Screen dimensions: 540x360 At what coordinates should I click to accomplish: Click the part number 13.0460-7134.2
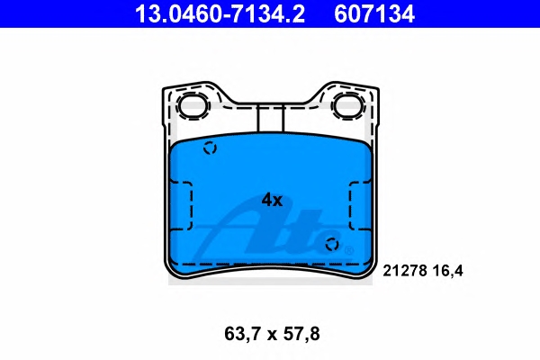tap(220, 14)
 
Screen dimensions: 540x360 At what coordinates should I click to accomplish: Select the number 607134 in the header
tap(374, 14)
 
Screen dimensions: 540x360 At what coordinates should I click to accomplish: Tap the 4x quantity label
tap(272, 200)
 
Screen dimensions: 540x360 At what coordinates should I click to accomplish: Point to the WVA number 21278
tap(405, 271)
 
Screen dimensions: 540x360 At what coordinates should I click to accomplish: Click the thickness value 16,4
tap(447, 271)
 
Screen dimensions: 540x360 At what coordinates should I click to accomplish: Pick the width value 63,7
tap(243, 334)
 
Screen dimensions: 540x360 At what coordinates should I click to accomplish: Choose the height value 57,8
tap(301, 334)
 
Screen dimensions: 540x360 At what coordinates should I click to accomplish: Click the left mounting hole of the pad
tap(193, 106)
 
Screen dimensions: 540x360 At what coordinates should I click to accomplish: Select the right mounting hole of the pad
tap(348, 106)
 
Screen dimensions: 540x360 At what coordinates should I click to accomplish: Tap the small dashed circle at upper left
tap(210, 148)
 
